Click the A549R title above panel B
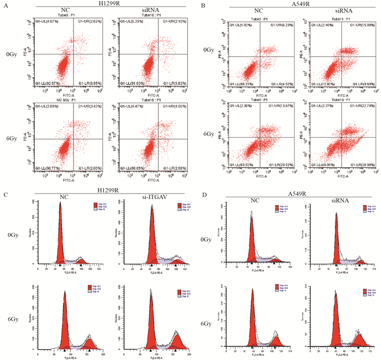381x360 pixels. tap(290, 4)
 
